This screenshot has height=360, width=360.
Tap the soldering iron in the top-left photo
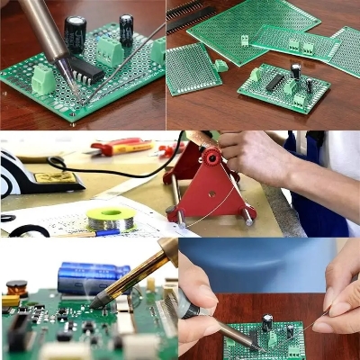pyautogui.click(x=49, y=27)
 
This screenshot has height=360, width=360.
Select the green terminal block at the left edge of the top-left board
pyautogui.click(x=42, y=81)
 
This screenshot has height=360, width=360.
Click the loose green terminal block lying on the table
pyautogui.click(x=220, y=66)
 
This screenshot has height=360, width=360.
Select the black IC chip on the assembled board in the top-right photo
pyautogui.click(x=274, y=82)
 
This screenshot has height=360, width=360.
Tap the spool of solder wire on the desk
pyautogui.click(x=111, y=217)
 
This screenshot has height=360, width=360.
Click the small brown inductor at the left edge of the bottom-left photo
pyautogui.click(x=16, y=288)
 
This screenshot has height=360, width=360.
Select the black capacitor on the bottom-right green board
pyautogui.click(x=267, y=321)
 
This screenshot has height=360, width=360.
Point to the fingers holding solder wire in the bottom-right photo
pyautogui.click(x=339, y=306)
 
